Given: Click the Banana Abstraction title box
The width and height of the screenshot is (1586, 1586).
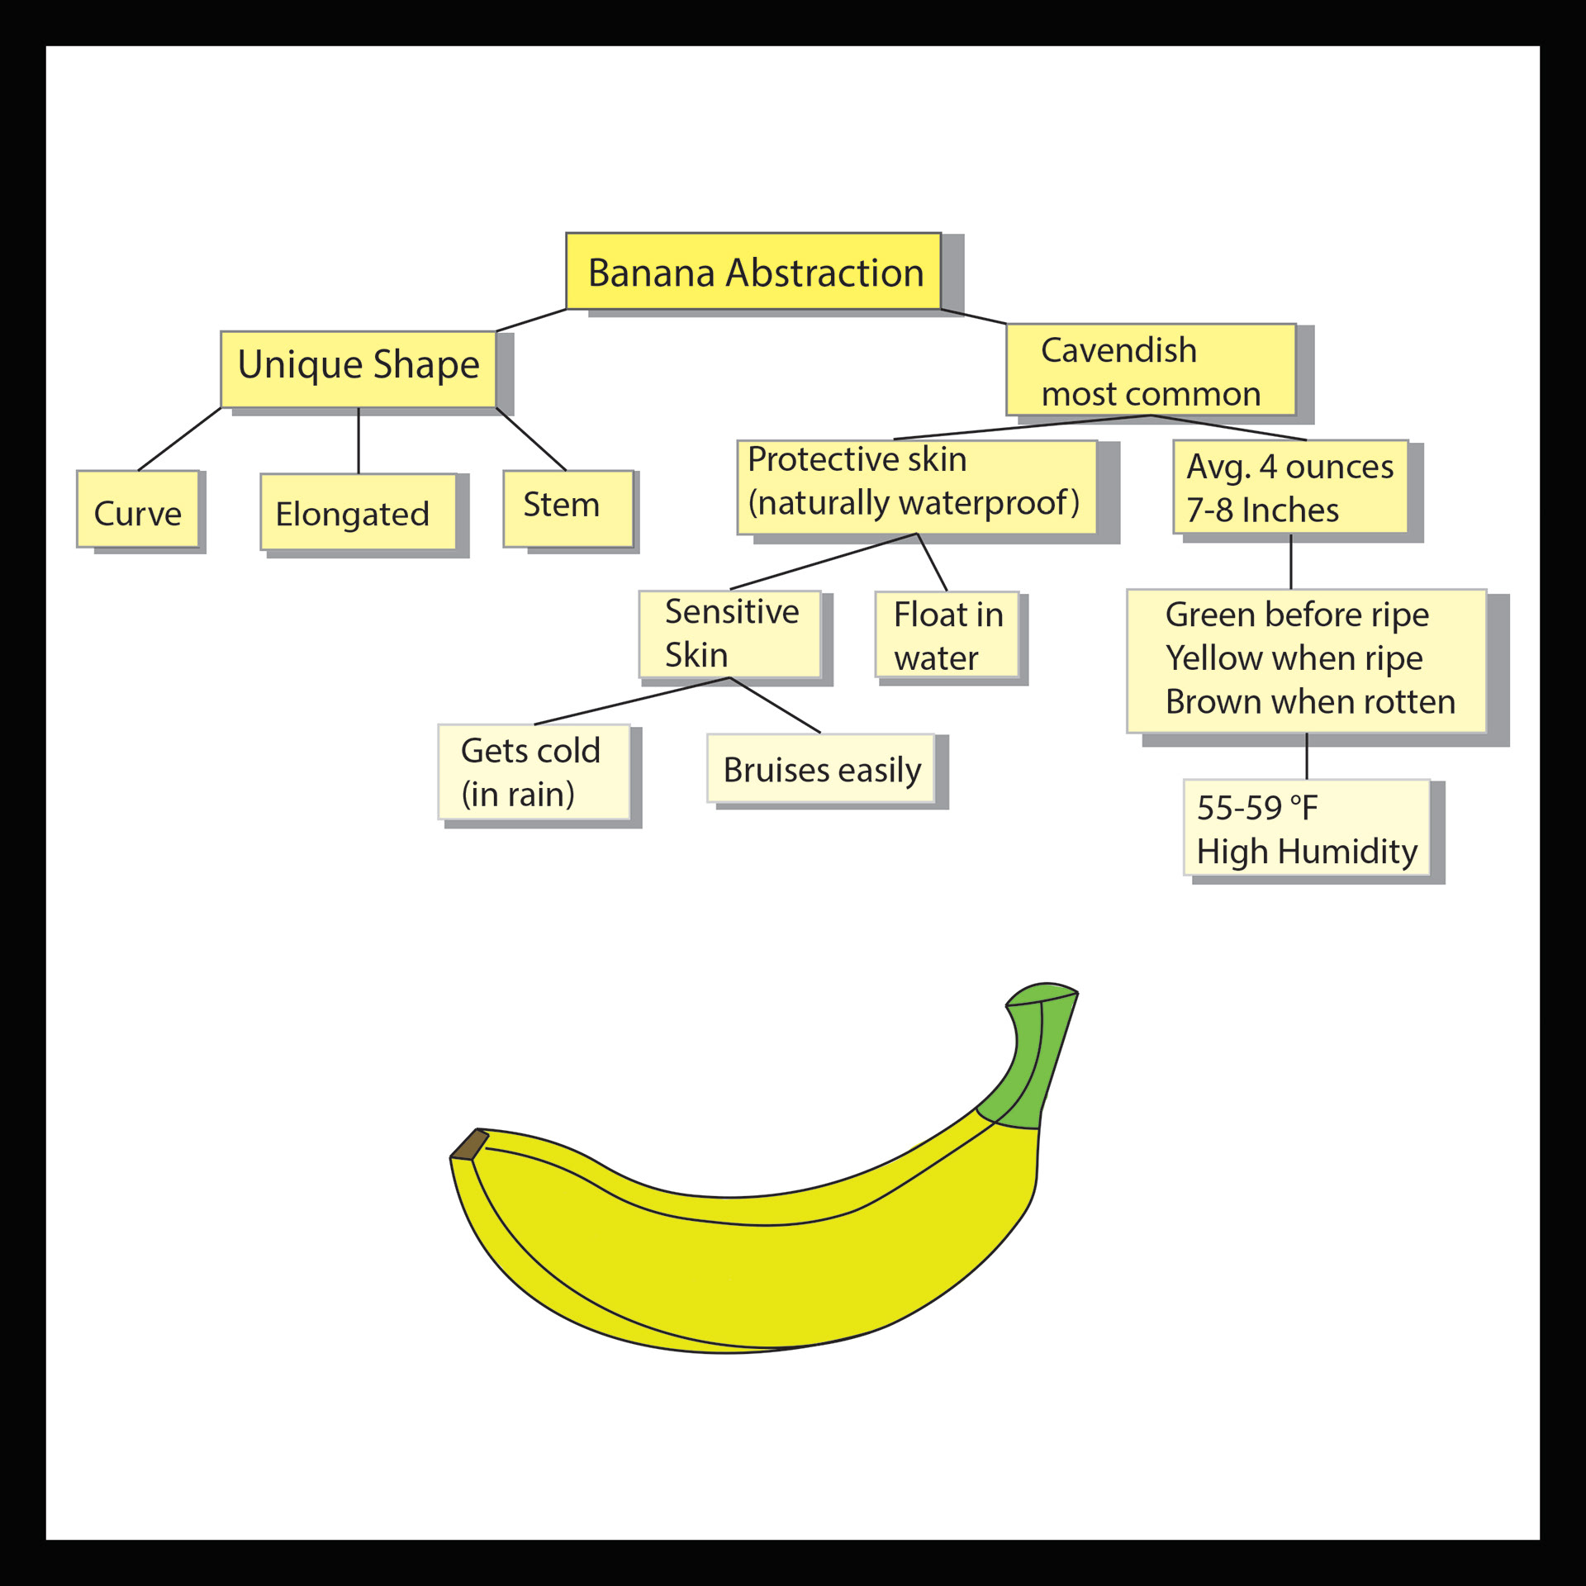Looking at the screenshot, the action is coord(753,272).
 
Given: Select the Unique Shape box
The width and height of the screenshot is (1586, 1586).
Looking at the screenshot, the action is coord(358,368).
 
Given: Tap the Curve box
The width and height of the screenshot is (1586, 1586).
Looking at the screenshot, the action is coord(138,509).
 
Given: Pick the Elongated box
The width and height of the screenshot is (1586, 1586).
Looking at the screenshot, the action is coord(358,512).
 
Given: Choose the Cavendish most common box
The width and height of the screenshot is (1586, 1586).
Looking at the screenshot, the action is coord(1150,369).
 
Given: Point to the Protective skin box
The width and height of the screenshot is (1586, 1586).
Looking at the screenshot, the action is coord(916,487).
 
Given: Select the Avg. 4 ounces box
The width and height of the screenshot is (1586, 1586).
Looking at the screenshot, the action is coord(1289,487).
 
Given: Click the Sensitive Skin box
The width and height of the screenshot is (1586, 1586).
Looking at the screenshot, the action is coord(730,634).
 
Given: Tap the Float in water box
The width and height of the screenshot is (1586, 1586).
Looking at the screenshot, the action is coord(947,634).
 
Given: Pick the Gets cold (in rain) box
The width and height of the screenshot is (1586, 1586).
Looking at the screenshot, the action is coord(534,772).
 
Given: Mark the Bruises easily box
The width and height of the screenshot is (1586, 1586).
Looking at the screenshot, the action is coord(820,768).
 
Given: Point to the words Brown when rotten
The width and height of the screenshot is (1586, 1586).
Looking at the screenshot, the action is coord(1309,702).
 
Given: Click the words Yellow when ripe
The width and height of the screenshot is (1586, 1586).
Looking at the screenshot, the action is coord(1294,658).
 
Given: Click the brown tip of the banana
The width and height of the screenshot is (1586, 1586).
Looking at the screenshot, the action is coord(468,1144).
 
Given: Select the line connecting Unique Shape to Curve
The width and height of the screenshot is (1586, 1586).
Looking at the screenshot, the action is coord(180,439).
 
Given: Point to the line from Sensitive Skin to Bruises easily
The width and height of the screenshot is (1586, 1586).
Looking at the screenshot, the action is coord(775,705).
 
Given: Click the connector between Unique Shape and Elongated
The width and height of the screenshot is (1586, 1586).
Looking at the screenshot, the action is coord(359,440).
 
